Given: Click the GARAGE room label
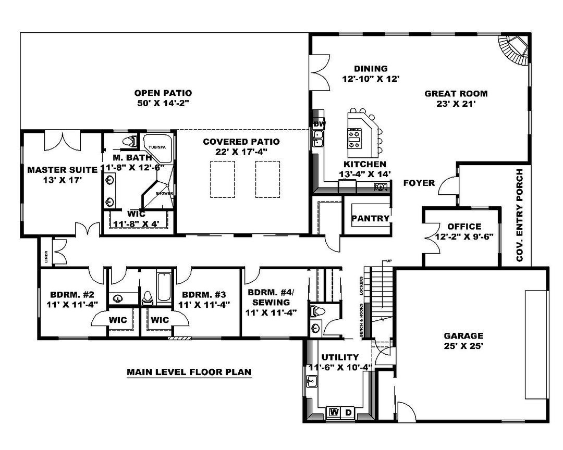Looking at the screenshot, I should [x=463, y=336].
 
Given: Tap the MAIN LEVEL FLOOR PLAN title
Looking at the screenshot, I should [x=189, y=372].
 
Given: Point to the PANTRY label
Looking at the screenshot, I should [x=370, y=218].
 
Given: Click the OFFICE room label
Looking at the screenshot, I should [x=464, y=227].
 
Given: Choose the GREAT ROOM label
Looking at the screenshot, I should [x=456, y=94].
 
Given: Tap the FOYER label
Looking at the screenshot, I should [x=419, y=183].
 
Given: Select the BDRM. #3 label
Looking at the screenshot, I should [x=196, y=293].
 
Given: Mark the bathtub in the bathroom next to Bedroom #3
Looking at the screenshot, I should [x=164, y=286].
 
